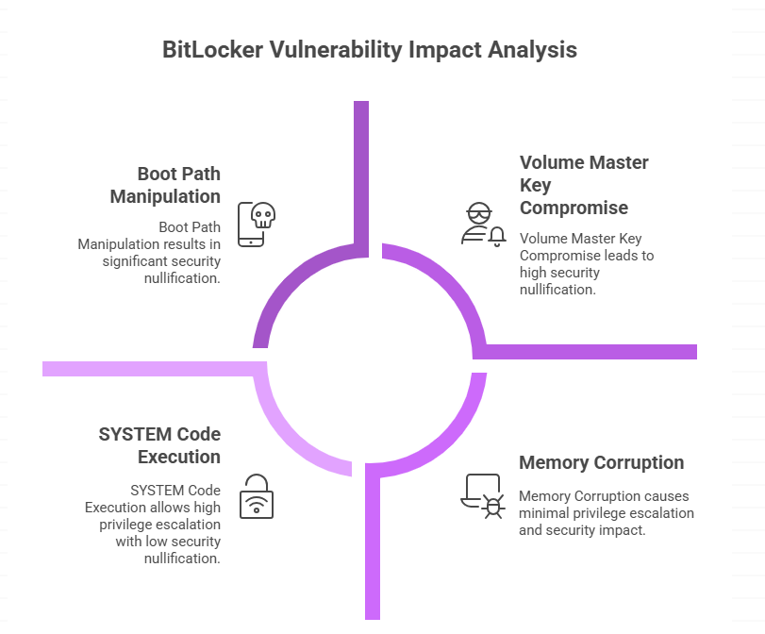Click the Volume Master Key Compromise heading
click(x=584, y=185)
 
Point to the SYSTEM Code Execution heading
click(x=159, y=445)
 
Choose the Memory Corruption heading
click(x=602, y=462)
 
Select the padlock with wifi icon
click(x=255, y=496)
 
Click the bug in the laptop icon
click(x=493, y=507)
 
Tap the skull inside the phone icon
click(x=262, y=216)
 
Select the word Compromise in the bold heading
click(x=574, y=208)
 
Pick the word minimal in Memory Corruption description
click(x=545, y=513)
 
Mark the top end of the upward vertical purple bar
click(x=360, y=103)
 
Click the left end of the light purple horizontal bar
click(x=44, y=368)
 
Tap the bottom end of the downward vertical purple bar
click(x=373, y=617)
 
